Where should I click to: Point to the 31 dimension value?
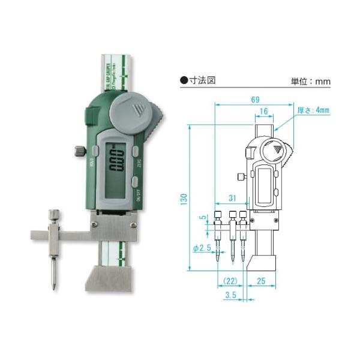click(233, 198)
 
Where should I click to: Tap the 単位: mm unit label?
click(311, 81)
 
